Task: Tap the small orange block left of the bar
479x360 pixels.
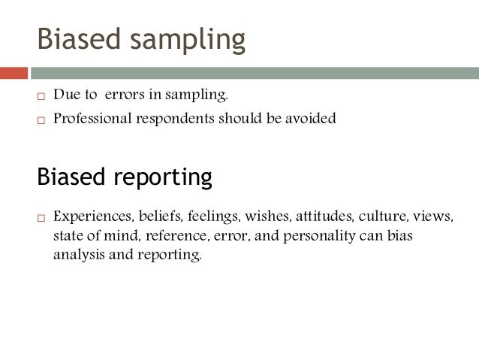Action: pos(14,73)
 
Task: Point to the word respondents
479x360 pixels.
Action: pos(175,119)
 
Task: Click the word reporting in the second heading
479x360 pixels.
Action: pos(164,178)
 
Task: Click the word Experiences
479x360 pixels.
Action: pos(91,218)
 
